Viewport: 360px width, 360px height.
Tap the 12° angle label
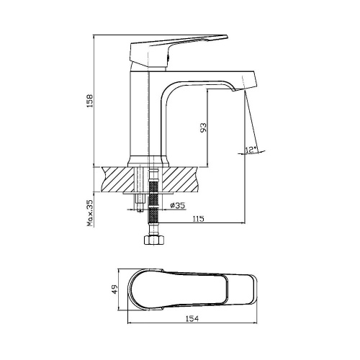pos(251,150)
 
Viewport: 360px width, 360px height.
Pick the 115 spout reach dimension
pos(197,218)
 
